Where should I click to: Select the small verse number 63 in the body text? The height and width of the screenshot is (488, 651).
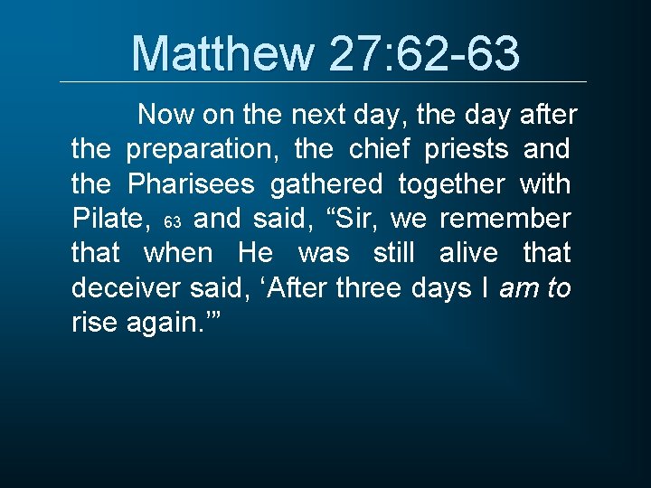(x=175, y=222)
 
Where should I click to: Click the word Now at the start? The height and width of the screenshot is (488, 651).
(x=165, y=115)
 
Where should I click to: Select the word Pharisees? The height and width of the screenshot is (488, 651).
(x=192, y=183)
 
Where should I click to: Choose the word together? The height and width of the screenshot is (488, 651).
(x=451, y=183)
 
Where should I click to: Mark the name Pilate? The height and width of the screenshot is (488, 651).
(x=108, y=219)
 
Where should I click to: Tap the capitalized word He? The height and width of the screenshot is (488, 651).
(x=256, y=253)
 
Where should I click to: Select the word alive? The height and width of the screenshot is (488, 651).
(x=467, y=253)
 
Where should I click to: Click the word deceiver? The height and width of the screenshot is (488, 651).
(x=127, y=287)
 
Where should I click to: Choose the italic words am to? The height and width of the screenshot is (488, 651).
(x=534, y=287)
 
